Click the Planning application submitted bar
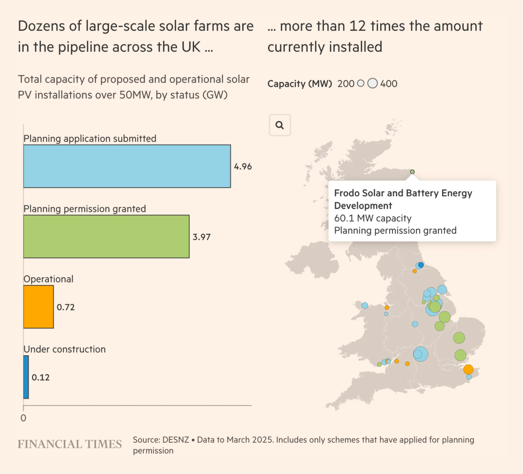pyautogui.click(x=127, y=166)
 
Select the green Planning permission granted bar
pyautogui.click(x=106, y=237)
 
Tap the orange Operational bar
pyautogui.click(x=38, y=307)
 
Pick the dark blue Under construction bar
pyautogui.click(x=26, y=377)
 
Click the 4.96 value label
pyautogui.click(x=243, y=167)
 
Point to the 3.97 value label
pyautogui.click(x=201, y=237)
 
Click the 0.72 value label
pyautogui.click(x=66, y=307)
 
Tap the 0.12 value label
pyautogui.click(x=41, y=377)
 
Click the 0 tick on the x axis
pyautogui.click(x=23, y=418)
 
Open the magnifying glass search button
pyautogui.click(x=280, y=125)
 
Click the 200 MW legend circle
pyautogui.click(x=361, y=84)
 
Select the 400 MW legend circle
pyautogui.click(x=373, y=84)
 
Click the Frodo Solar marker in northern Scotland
pyautogui.click(x=412, y=172)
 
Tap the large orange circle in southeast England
pyautogui.click(x=468, y=369)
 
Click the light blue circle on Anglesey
pyautogui.click(x=365, y=305)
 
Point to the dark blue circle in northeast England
pyautogui.click(x=421, y=265)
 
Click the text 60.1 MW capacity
pyautogui.click(x=373, y=218)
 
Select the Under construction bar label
pyautogui.click(x=65, y=349)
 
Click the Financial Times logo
pyautogui.click(x=69, y=444)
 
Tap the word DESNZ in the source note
pyautogui.click(x=176, y=440)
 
